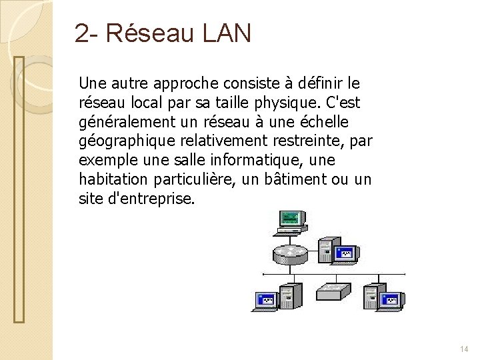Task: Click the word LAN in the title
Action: click(224, 33)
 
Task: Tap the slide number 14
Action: click(464, 349)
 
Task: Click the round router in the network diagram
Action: click(290, 254)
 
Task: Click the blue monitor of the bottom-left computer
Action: click(265, 300)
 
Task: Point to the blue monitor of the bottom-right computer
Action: click(391, 300)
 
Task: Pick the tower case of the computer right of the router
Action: click(327, 249)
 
